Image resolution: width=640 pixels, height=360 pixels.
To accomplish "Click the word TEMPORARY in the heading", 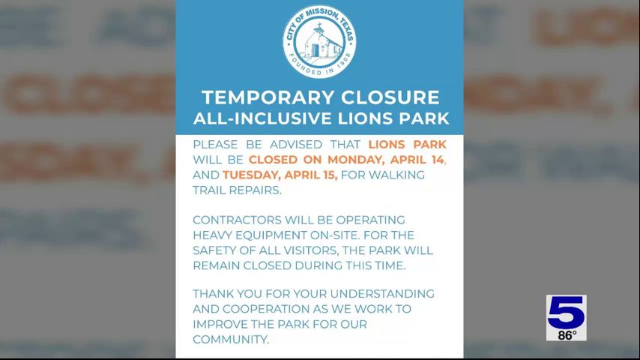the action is tap(268, 97).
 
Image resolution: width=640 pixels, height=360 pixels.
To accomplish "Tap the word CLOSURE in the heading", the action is tap(390, 97).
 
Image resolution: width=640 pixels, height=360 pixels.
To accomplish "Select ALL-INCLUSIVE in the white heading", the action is tap(262, 118).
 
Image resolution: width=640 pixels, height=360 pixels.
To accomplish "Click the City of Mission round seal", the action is tap(319, 41).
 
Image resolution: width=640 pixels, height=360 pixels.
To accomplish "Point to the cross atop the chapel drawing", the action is tap(319, 28).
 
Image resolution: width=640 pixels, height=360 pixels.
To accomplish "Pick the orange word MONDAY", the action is tap(355, 159).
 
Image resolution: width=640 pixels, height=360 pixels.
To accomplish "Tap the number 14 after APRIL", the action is tap(435, 159).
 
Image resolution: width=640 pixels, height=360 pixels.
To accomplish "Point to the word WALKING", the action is tap(396, 175).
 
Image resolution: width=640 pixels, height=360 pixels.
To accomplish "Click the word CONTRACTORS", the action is tap(237, 220).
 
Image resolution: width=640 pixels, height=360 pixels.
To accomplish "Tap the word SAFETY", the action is tap(214, 250).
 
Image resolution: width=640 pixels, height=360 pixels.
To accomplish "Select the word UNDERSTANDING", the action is tap(382, 294).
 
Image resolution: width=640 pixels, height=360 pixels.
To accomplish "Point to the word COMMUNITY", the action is tap(231, 339).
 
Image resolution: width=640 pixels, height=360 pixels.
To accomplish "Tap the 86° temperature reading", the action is tap(567, 335).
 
